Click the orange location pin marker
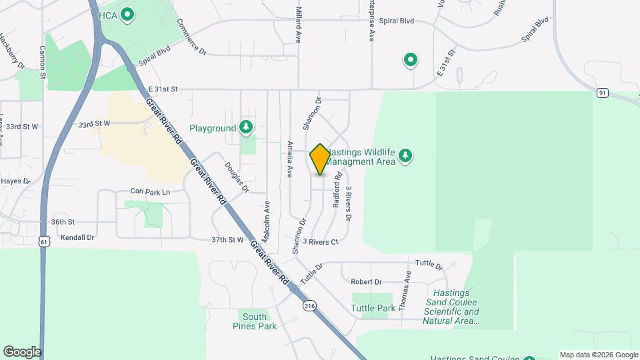pyautogui.click(x=320, y=159)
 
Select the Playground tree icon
pyautogui.click(x=246, y=127)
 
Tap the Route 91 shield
pyautogui.click(x=602, y=93)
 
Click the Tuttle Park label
pyautogui.click(x=373, y=309)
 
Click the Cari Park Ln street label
pyautogui.click(x=150, y=192)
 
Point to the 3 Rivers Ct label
pyautogui.click(x=321, y=242)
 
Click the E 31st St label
pyautogui.click(x=163, y=89)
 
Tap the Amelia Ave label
pyautogui.click(x=289, y=159)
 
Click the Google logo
pyautogui.click(x=22, y=351)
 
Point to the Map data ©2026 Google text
pyautogui.click(x=598, y=355)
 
